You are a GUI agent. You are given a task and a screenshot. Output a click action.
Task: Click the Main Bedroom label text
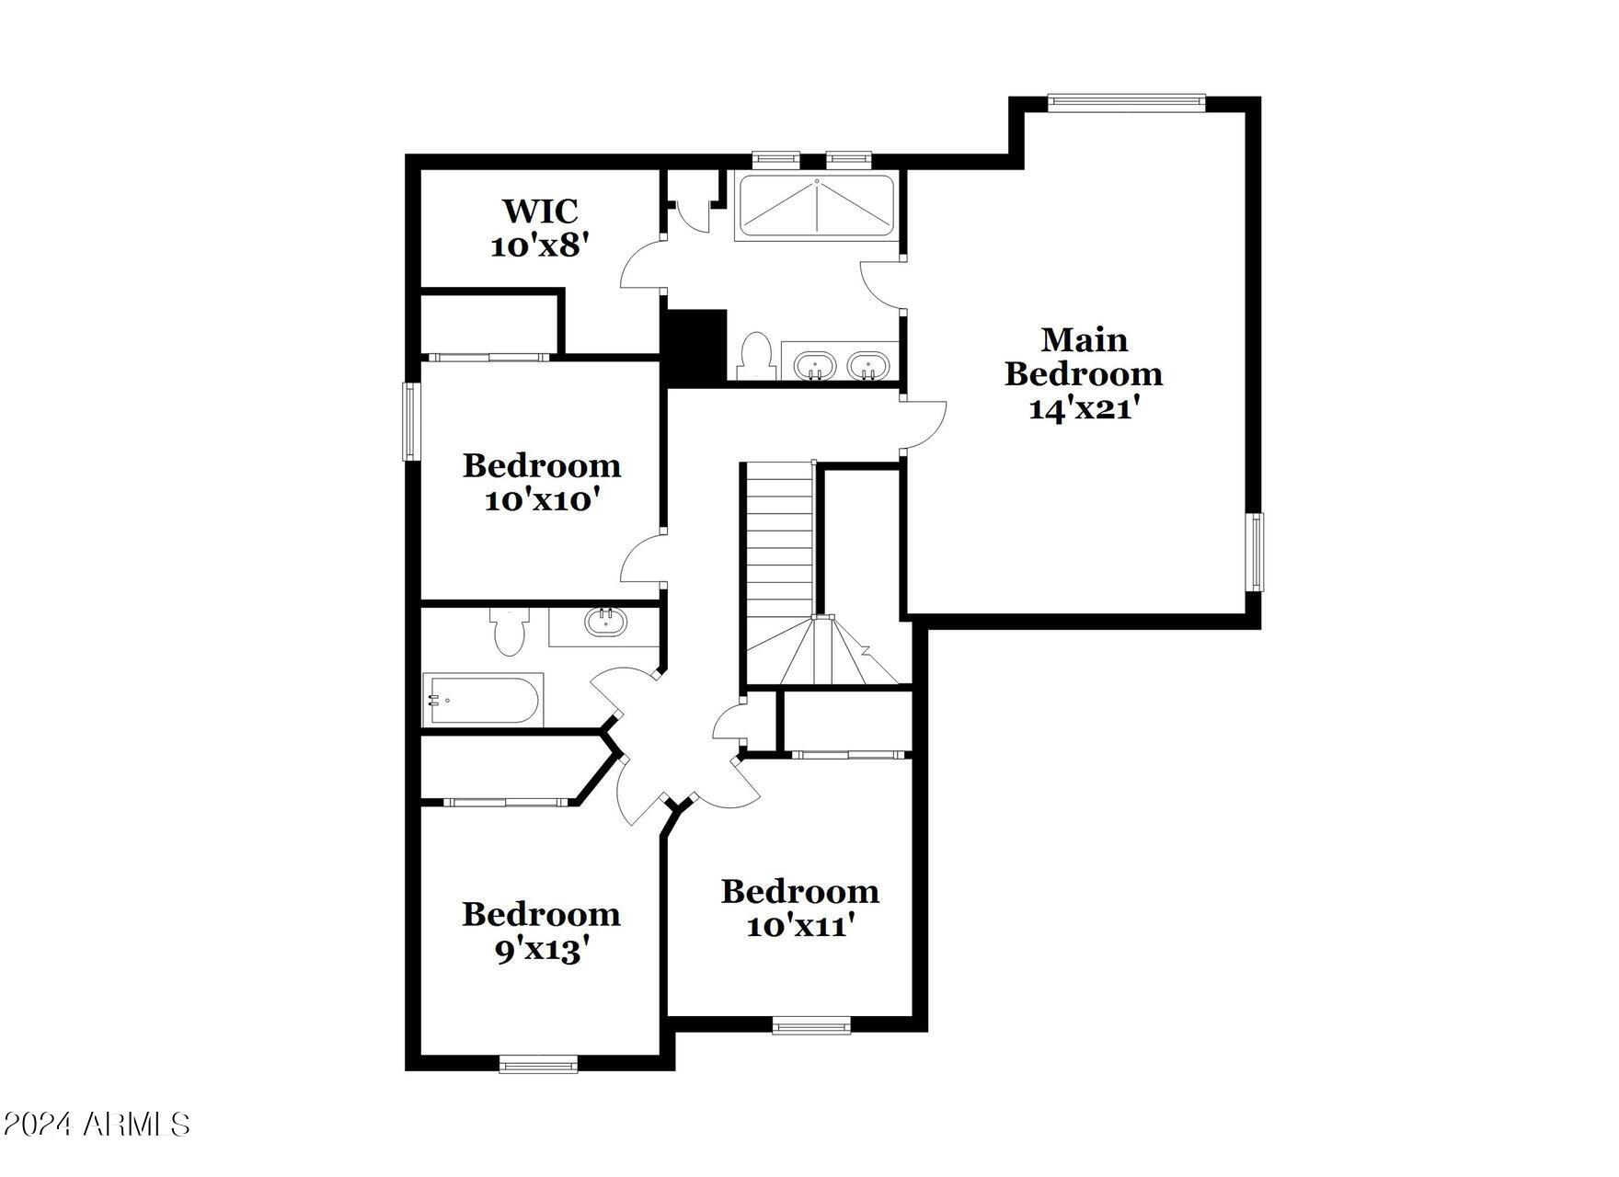tap(1084, 357)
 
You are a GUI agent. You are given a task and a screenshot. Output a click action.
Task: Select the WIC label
tap(540, 211)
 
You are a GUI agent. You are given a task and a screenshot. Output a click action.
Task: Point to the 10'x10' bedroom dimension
tap(543, 501)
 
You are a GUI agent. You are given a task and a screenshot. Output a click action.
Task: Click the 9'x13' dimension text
tap(542, 950)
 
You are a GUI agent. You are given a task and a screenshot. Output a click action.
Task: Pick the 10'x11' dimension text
tap(800, 926)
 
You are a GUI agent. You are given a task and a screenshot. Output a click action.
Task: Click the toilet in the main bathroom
tap(755, 355)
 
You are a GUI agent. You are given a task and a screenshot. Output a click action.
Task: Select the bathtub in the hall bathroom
tap(483, 699)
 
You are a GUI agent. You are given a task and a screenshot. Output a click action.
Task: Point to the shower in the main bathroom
tap(816, 208)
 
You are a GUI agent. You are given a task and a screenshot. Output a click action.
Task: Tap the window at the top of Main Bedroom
tap(1126, 102)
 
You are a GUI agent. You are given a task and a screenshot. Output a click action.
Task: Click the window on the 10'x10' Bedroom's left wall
tap(410, 421)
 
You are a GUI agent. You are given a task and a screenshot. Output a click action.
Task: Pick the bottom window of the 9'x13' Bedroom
tap(539, 1064)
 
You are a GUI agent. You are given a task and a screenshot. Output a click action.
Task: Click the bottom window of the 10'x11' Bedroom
tap(811, 1025)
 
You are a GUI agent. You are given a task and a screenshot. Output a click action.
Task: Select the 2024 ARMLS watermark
tap(96, 1124)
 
